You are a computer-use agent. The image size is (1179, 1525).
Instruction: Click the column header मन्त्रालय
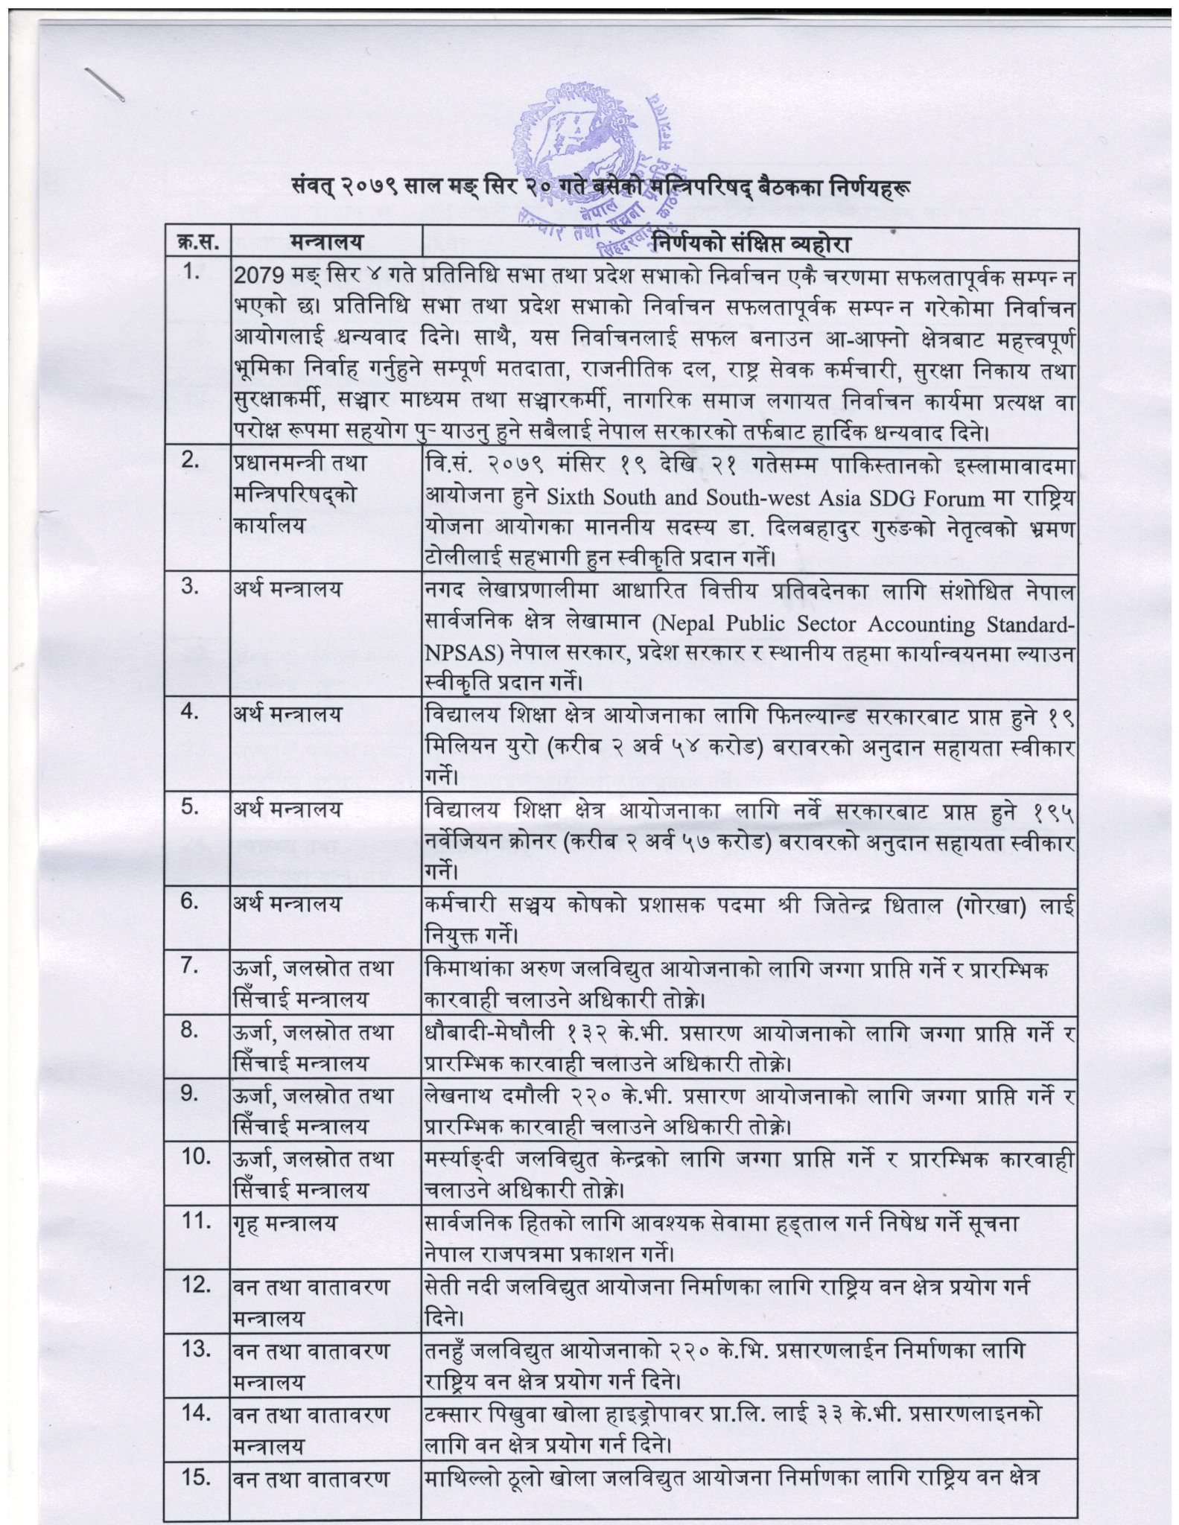click(x=326, y=243)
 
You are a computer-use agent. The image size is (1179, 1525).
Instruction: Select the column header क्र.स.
click(x=197, y=243)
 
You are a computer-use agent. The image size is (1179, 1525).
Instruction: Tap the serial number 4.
click(x=191, y=713)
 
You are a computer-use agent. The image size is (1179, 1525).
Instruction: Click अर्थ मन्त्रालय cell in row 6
click(x=287, y=903)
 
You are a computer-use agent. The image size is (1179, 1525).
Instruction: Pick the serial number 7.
click(x=191, y=967)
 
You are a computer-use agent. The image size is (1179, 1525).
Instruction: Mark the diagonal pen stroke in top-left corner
click(x=103, y=83)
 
